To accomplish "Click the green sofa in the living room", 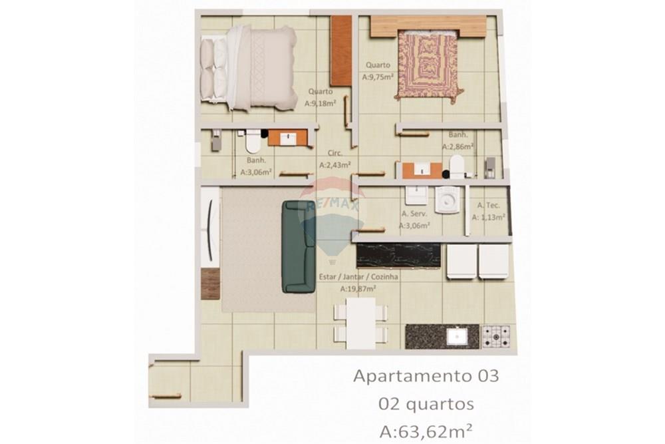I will (x=299, y=247).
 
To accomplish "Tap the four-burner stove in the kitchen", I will (x=495, y=336).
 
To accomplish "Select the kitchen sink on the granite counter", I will (x=456, y=336).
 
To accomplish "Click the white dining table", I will (x=360, y=322).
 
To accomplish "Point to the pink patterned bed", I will (x=428, y=67).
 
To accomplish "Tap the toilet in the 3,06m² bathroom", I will (x=252, y=142).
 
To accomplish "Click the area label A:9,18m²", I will (x=320, y=103).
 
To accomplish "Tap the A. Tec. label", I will (x=488, y=206).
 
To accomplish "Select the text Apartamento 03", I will (x=425, y=375).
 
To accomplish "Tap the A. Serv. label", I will (x=414, y=214).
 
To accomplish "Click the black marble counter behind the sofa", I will (x=398, y=255).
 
